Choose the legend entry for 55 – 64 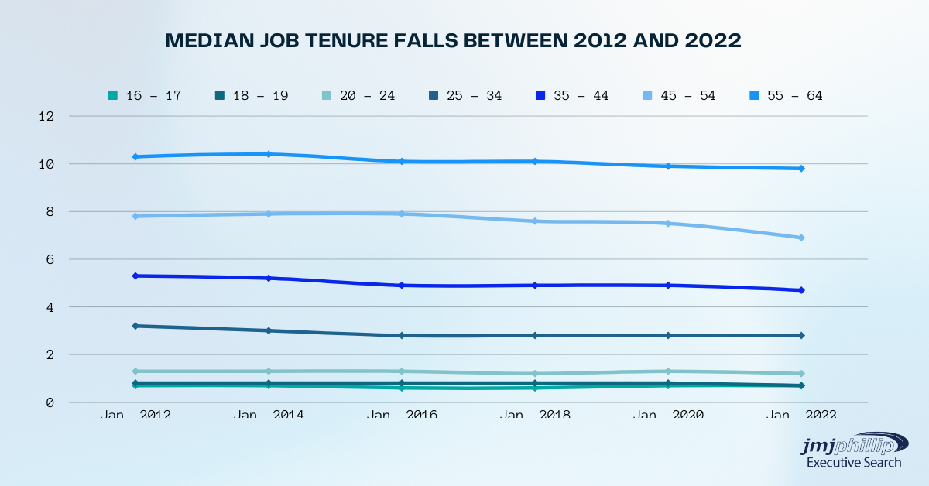pyautogui.click(x=781, y=96)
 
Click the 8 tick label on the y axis pyautogui.click(x=50, y=212)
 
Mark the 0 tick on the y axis pyautogui.click(x=50, y=402)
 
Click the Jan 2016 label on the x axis pyautogui.click(x=401, y=415)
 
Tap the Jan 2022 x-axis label pyautogui.click(x=801, y=415)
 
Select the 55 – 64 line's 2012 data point pyautogui.click(x=135, y=157)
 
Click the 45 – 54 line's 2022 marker pyautogui.click(x=801, y=238)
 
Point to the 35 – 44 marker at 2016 pyautogui.click(x=401, y=286)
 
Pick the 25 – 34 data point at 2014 pyautogui.click(x=268, y=330)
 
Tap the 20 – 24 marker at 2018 pyautogui.click(x=534, y=374)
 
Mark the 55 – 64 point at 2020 pyautogui.click(x=667, y=166)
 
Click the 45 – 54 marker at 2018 pyautogui.click(x=534, y=221)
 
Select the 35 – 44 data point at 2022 pyautogui.click(x=801, y=290)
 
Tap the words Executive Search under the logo pyautogui.click(x=854, y=463)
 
